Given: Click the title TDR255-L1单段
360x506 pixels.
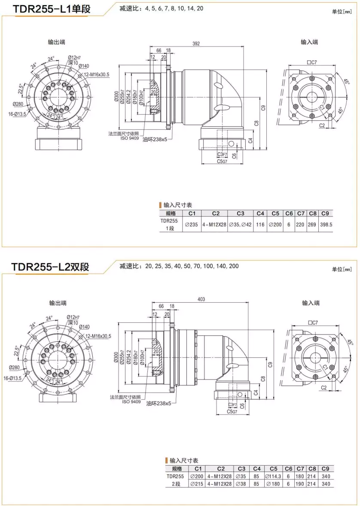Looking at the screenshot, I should (52, 9).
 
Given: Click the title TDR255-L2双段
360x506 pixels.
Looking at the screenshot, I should (51, 267).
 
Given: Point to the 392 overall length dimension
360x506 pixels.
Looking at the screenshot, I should (196, 43).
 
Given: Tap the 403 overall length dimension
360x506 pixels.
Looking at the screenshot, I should (201, 299).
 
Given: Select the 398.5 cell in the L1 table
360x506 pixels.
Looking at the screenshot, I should (326, 224).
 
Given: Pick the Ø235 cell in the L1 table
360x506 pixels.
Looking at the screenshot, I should (191, 224).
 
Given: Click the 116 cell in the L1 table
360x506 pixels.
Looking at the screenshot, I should (259, 224).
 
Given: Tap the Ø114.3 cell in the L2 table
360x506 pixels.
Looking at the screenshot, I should (273, 476).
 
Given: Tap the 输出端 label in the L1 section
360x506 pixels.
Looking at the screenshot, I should (57, 42).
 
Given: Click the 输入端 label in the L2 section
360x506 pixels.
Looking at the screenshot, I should (311, 303).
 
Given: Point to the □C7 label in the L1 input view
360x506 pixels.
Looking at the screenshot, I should (312, 62).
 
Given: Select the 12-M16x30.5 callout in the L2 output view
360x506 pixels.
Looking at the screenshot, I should (98, 336).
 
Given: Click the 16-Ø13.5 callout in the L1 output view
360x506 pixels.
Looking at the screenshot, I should (18, 114).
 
